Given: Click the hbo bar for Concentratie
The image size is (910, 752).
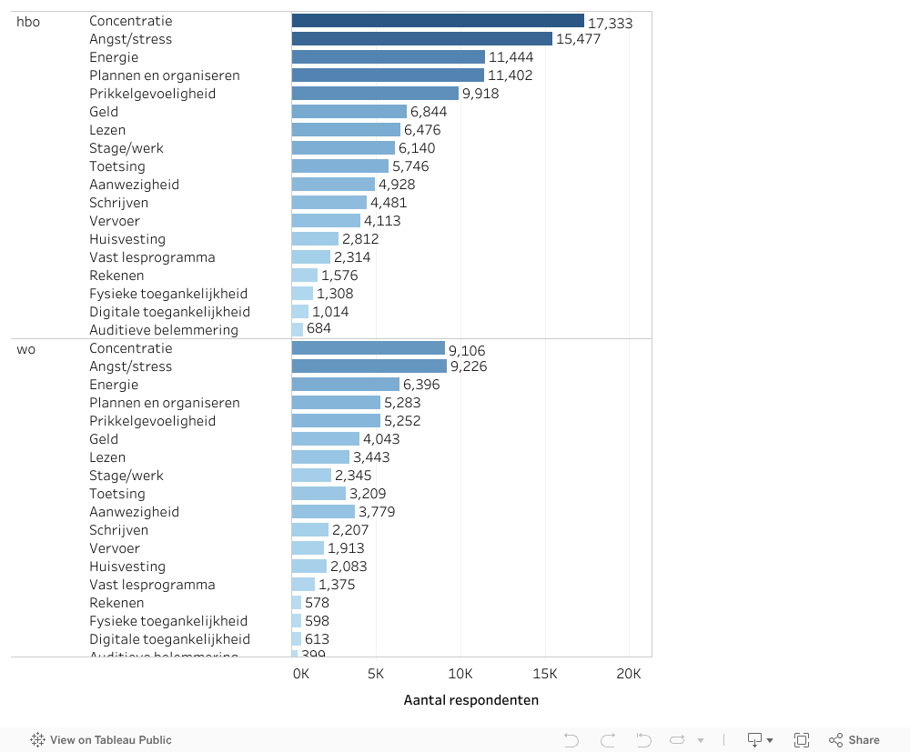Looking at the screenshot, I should point(438,21).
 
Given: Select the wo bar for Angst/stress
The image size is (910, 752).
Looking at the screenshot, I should point(369,366).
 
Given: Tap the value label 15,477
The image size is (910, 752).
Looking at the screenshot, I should point(579,39).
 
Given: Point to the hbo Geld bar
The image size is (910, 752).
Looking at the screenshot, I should point(349,112).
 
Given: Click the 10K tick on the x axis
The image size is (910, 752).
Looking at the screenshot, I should point(460,674).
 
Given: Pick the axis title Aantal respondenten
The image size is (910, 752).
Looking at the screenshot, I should point(470,700).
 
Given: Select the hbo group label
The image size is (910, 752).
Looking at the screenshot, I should point(28,21).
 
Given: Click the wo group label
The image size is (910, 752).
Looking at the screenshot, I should point(26,348).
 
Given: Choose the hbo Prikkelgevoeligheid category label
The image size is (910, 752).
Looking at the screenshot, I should point(152,94).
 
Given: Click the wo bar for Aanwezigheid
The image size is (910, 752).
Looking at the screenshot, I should point(323,512).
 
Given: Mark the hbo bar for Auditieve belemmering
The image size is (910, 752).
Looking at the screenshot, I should point(298,330).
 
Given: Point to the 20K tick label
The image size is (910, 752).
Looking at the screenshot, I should point(629,674).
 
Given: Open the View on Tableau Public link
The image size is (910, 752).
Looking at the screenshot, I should point(101,740).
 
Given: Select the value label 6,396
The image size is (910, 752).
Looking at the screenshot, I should point(421,385).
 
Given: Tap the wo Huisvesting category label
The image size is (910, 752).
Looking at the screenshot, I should point(127,567).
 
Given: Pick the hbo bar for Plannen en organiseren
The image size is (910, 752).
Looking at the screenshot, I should point(388,75).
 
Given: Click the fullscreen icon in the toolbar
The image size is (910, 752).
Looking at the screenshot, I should point(802,740).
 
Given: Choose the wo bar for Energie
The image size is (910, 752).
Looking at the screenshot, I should point(346,385).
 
